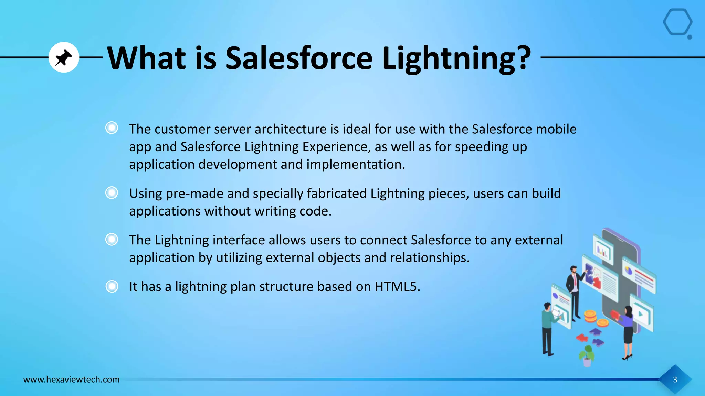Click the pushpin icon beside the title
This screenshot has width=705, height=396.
tap(64, 57)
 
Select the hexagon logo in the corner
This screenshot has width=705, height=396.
tap(677, 23)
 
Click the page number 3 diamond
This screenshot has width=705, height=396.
tap(675, 379)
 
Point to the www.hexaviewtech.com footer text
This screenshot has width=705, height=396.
tap(71, 379)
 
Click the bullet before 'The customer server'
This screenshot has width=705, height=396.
tap(112, 128)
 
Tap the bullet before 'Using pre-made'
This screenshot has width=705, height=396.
tap(112, 192)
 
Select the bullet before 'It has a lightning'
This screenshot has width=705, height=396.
tap(112, 286)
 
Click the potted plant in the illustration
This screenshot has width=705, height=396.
tap(587, 356)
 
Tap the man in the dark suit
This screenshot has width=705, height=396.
tap(574, 289)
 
